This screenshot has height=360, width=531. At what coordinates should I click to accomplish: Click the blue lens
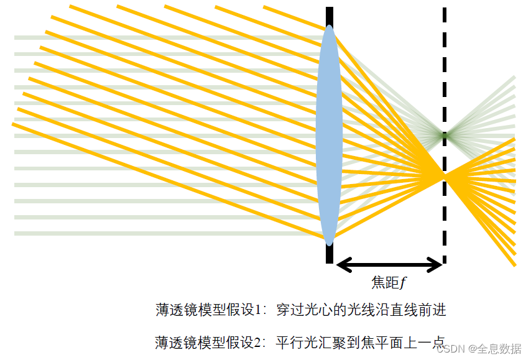pyautogui.click(x=329, y=134)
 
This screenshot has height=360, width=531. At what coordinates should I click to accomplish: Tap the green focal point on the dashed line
pyautogui.click(x=444, y=134)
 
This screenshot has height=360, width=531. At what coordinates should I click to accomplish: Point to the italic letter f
pyautogui.click(x=403, y=283)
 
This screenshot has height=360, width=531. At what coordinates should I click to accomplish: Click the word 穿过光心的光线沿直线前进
pyautogui.click(x=361, y=310)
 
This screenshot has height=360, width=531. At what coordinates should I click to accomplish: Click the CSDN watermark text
pyautogui.click(x=452, y=349)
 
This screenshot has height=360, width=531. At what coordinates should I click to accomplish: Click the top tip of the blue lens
pyautogui.click(x=329, y=25)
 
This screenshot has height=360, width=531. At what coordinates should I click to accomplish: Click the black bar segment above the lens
pyautogui.click(x=329, y=16)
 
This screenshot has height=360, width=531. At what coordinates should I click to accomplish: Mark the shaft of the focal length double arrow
pyautogui.click(x=389, y=265)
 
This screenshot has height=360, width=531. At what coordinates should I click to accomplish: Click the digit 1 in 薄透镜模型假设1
pyautogui.click(x=262, y=310)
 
